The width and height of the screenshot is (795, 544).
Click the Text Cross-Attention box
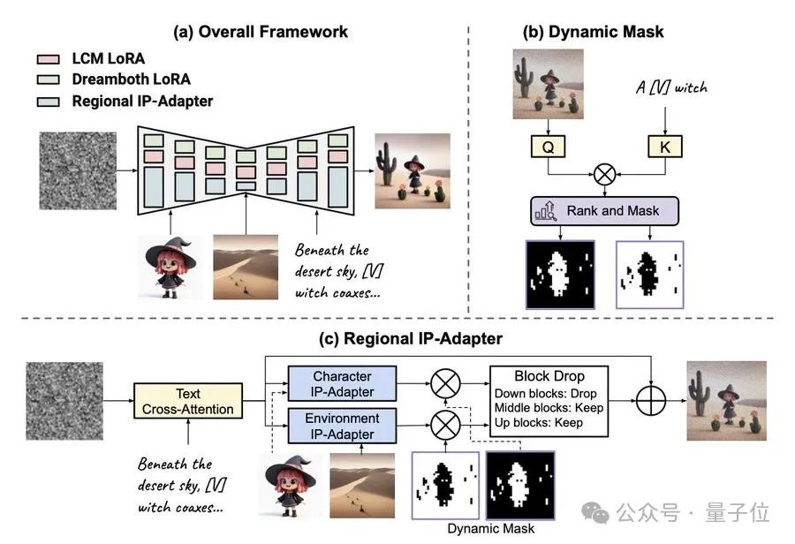pos(187,401)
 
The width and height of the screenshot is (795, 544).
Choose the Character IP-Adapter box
pos(343,384)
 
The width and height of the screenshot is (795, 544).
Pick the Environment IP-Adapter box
pos(343,426)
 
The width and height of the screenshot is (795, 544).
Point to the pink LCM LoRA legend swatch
pos(48,59)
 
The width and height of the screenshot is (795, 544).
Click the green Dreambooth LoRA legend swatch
pos(48,79)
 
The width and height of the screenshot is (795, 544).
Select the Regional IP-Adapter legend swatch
pos(48,101)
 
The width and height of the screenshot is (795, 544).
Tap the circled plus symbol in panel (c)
pos(650,403)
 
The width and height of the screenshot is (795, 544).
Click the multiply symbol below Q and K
pos(605,174)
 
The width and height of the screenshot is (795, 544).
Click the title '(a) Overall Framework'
pos(261,32)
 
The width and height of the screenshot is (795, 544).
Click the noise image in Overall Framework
pos(76,170)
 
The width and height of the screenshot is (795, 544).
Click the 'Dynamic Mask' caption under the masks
pos(490,529)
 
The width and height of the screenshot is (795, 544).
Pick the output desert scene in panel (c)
pos(725,402)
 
